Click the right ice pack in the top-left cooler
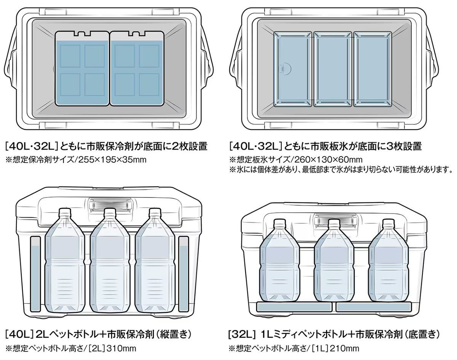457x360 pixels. pos(136,68)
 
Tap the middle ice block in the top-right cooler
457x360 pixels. pos(333,68)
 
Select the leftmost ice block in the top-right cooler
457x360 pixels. pos(293,68)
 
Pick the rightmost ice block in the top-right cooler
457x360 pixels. pos(372,68)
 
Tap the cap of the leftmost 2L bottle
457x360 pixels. pos(64,212)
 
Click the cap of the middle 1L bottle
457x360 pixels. pos(334,223)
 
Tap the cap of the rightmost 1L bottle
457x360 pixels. pos(388,223)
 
